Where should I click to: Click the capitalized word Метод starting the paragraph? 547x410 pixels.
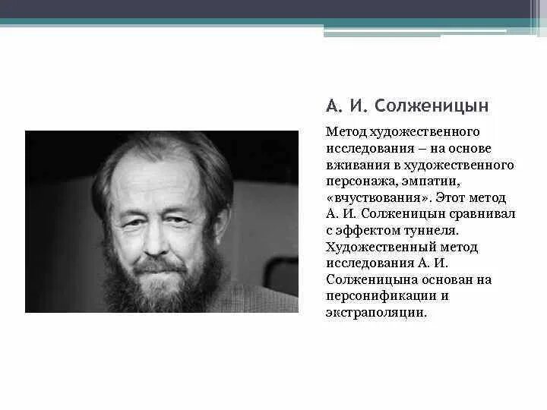click(344, 131)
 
